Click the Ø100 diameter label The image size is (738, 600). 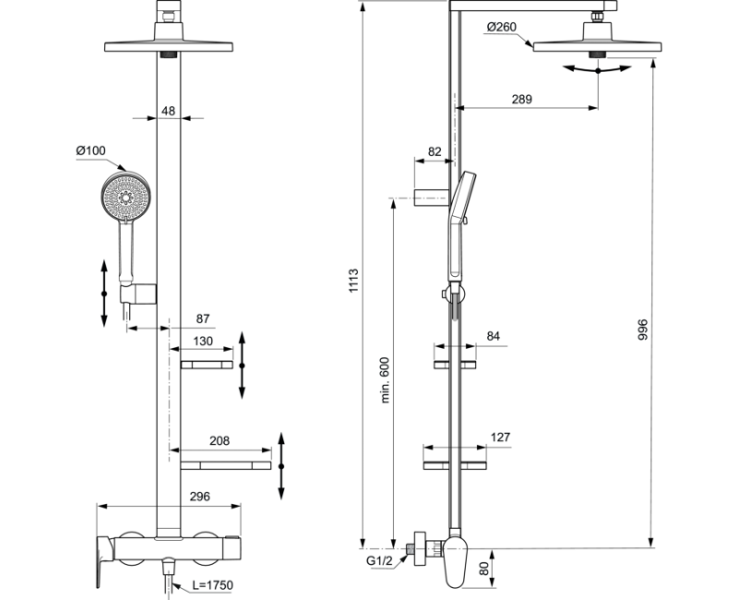pos(90,150)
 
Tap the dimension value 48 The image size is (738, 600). pos(168,111)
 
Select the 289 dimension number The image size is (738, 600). pos(522,100)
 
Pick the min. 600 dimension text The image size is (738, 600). pos(386,378)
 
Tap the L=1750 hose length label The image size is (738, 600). pos(212,585)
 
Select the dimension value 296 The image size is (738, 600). pos(198,497)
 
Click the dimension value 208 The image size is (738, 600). pos(219,441)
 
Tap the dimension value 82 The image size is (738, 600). pos(434,151)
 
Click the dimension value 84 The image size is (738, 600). pos(493,337)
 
